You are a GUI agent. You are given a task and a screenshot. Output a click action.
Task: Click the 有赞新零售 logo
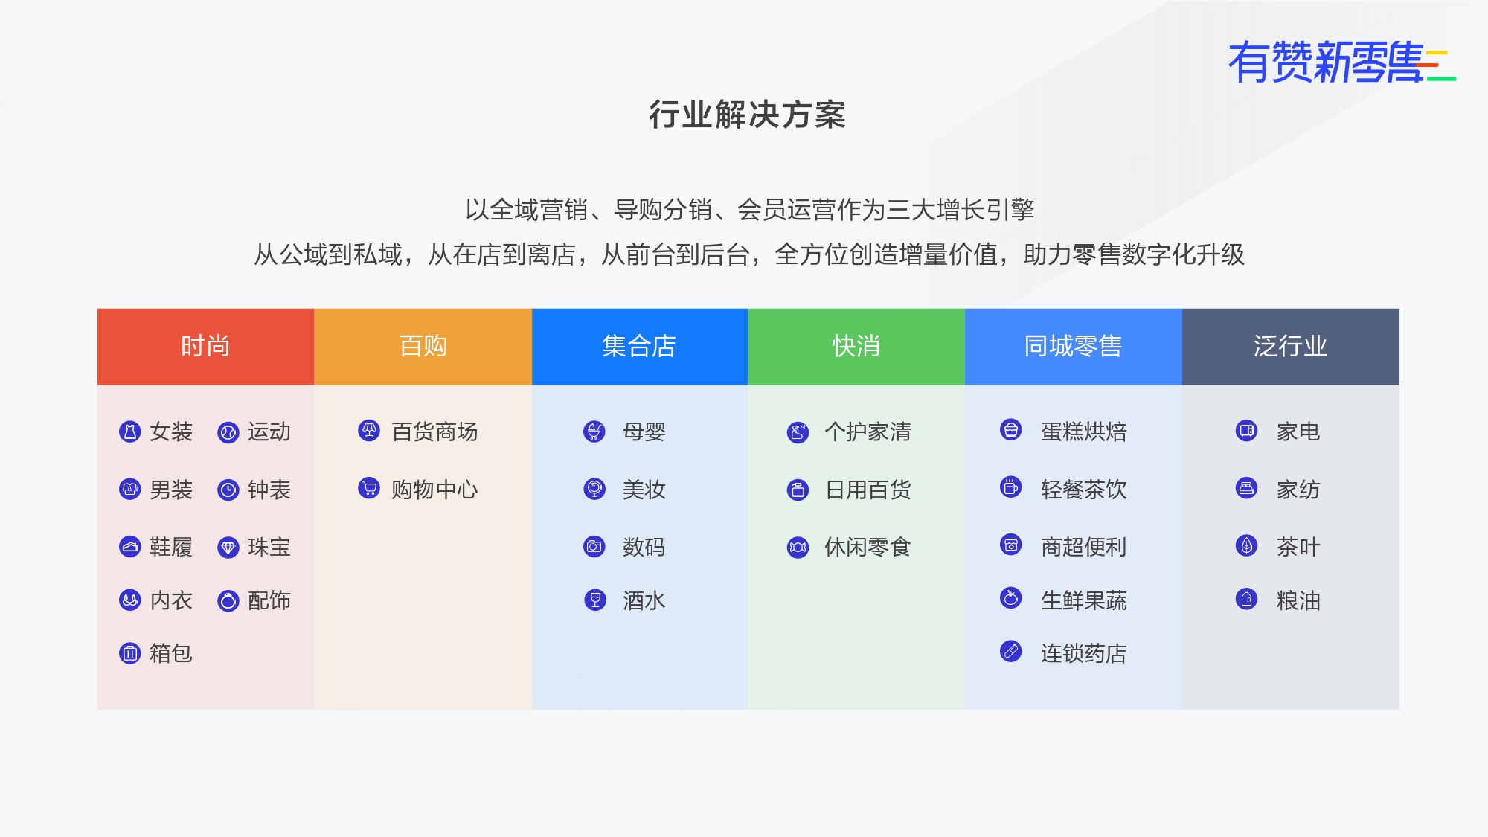coord(1341,62)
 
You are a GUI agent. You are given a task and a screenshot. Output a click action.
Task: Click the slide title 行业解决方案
coord(747,115)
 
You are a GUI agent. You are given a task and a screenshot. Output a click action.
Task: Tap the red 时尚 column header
coord(206,347)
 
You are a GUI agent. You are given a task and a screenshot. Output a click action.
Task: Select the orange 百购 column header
coord(423,347)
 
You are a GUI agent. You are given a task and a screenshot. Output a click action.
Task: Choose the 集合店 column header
coord(640,347)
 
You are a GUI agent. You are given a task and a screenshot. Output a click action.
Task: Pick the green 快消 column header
coord(856,347)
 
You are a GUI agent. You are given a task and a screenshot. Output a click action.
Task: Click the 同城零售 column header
coord(1074,347)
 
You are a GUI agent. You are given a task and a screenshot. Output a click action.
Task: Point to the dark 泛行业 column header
coord(1291,347)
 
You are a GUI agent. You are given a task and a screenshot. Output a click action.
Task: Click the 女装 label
coord(171,432)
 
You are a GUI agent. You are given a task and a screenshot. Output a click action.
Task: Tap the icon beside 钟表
coord(228,490)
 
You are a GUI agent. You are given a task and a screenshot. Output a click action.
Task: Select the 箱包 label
coord(171,653)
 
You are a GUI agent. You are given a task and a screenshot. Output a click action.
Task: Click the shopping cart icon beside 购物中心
coord(369,488)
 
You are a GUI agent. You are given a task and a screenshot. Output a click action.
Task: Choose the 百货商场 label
coord(434,432)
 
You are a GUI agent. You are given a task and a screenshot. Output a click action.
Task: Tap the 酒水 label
coord(644,600)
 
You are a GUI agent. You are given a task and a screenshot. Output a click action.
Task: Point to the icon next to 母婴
coord(594,431)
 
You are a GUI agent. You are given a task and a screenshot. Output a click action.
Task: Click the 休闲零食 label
coord(868,548)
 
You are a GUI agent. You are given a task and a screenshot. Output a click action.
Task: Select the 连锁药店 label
coord(1084,653)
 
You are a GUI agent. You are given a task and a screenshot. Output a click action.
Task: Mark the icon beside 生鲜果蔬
coord(1011,597)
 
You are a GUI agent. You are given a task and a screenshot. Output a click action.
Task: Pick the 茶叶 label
coord(1298,548)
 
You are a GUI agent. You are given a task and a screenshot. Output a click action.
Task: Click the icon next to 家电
coord(1246,430)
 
